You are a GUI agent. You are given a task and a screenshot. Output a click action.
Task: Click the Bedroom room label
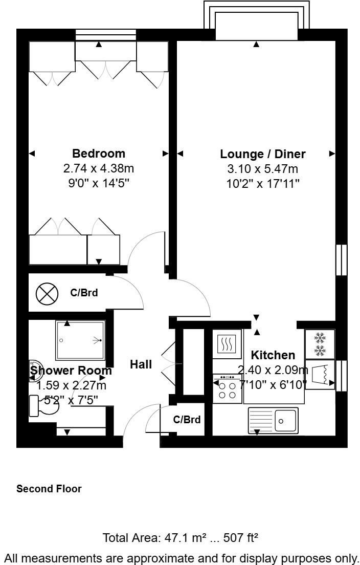pos(98,154)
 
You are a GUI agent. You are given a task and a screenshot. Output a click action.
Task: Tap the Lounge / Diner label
pos(263,154)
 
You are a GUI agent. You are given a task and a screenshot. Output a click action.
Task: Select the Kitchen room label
pos(273,355)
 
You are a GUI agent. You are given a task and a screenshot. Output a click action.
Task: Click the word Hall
pos(141,364)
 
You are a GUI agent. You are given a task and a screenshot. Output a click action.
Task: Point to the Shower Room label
pos(71,371)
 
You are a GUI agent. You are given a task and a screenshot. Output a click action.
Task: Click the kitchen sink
pos(273,421)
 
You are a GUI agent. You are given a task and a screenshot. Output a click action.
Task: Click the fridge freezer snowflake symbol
pos(320,344)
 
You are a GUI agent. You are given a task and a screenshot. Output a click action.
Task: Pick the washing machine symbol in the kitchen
pos(320,375)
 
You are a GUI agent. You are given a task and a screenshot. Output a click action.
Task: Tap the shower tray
pos(80,340)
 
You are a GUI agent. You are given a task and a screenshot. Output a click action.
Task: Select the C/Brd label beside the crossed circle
pos(84,294)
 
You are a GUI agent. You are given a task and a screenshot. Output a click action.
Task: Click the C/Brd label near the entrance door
pos(187,420)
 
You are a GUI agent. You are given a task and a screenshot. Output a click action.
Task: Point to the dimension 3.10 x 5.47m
pos(263,168)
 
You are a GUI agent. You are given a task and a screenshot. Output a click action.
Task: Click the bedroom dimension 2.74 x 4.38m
pos(98,168)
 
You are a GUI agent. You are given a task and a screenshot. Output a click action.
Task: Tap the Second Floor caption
pos(49,489)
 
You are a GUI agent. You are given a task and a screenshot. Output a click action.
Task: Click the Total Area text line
pos(180,538)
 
